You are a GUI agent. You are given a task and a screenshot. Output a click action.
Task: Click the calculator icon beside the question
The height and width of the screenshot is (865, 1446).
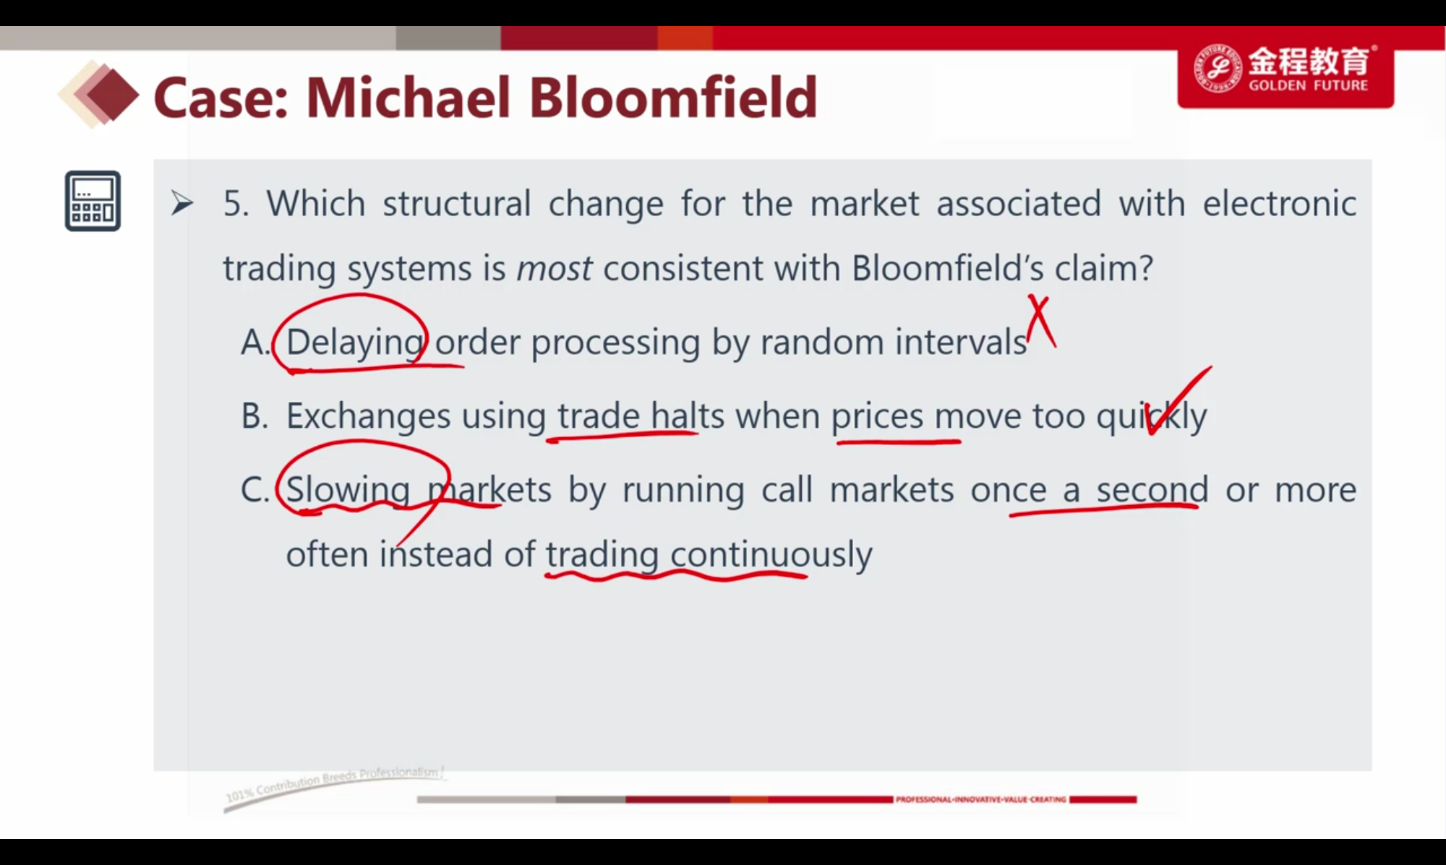93,201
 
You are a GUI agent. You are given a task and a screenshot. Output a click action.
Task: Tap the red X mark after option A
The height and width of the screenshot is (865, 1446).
1041,322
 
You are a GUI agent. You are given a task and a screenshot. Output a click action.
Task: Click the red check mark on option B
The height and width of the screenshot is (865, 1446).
1178,400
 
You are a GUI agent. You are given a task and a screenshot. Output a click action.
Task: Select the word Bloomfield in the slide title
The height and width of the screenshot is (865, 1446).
673,98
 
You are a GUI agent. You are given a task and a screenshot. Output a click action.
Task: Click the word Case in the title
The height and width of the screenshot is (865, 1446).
221,98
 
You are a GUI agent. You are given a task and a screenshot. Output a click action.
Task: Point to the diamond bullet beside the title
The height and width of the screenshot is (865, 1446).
99,95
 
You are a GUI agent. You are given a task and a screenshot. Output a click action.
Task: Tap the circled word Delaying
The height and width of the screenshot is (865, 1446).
354,343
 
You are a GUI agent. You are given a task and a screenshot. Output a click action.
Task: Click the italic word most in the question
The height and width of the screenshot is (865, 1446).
555,269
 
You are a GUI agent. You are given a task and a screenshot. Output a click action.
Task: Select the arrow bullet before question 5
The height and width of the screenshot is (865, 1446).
181,204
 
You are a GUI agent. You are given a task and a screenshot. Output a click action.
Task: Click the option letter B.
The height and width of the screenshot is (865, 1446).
254,416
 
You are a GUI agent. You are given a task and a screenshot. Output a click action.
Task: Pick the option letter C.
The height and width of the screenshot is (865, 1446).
254,490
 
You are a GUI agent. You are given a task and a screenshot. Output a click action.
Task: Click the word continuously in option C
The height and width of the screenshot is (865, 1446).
771,555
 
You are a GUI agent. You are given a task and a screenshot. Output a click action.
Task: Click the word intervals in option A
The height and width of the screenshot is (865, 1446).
961,342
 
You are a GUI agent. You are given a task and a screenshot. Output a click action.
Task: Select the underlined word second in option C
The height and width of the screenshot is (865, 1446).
1152,490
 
